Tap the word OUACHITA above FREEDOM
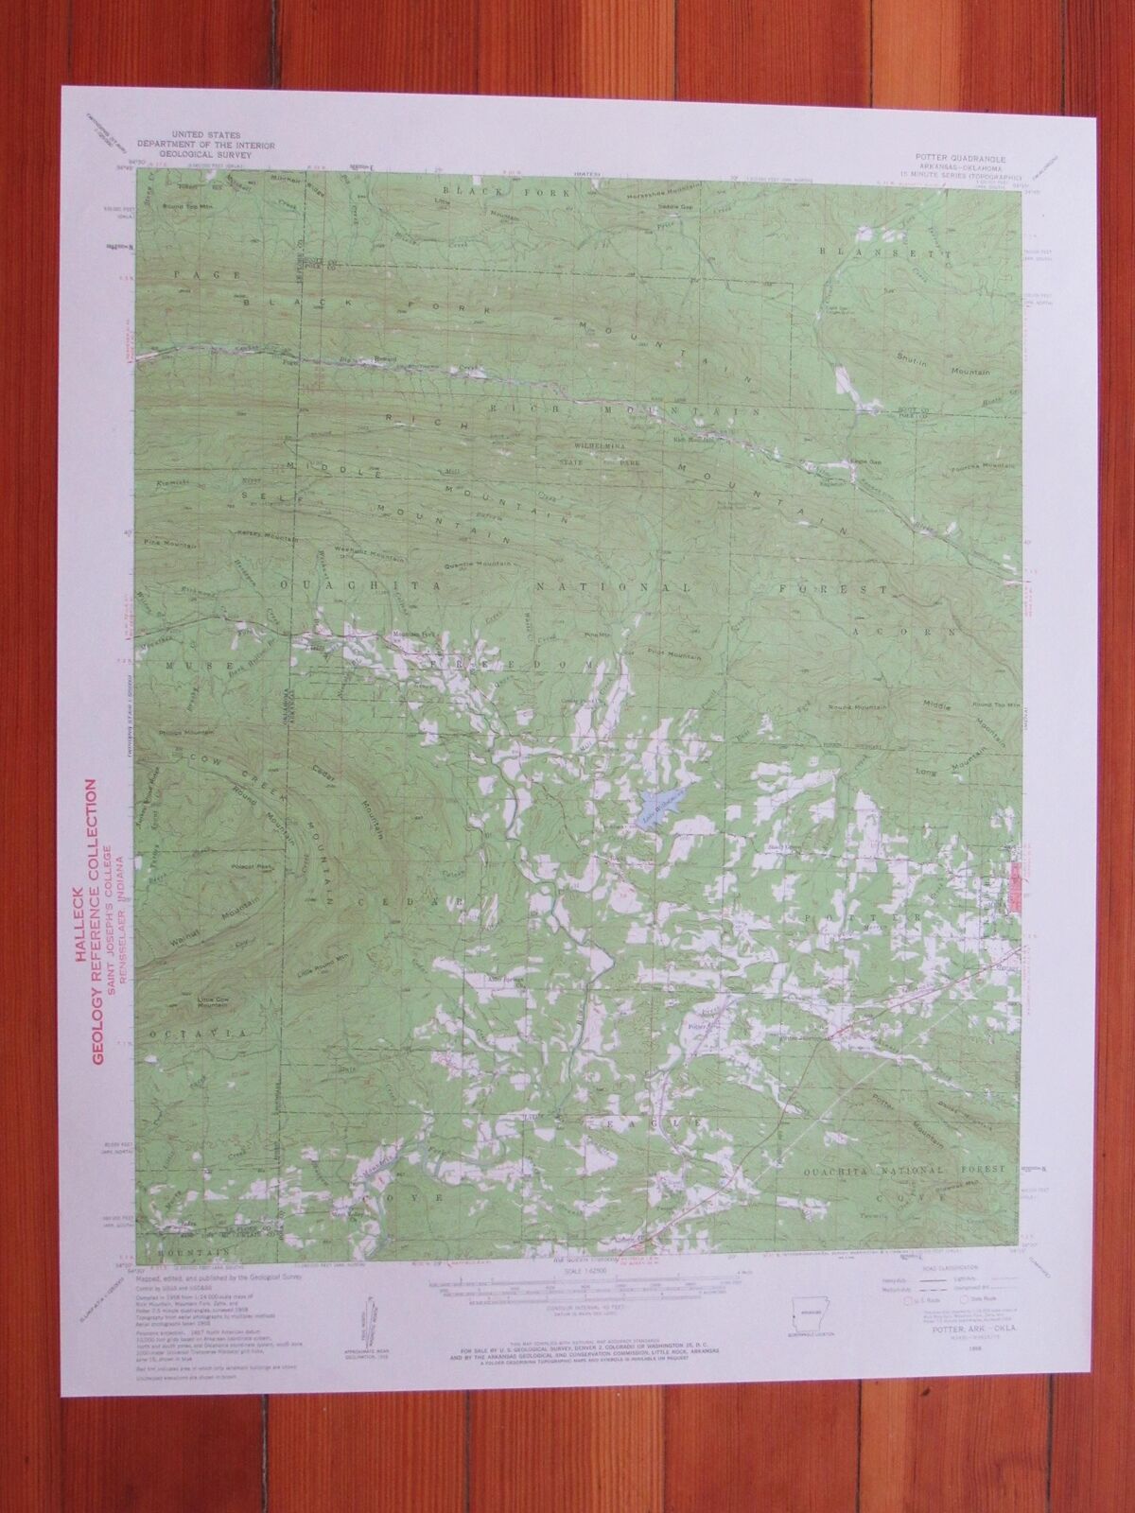tap(327, 587)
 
